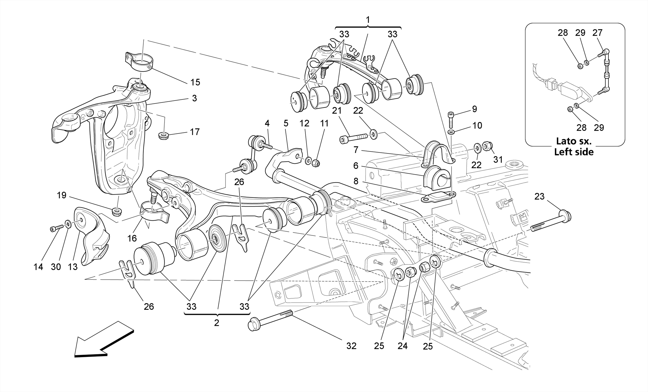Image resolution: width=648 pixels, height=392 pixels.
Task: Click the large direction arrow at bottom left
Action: tap(103, 340)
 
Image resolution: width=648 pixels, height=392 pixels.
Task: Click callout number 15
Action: tap(195, 82)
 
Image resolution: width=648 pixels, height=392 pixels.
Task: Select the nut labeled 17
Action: tap(163, 136)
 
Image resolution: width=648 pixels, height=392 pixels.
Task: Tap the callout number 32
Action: tap(351, 346)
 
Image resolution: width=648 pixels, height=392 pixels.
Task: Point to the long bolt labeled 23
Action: tap(551, 221)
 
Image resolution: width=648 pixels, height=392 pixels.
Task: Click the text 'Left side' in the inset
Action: tap(574, 152)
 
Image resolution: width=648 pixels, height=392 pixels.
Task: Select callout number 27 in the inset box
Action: tap(597, 33)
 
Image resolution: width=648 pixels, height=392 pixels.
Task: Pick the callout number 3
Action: tap(194, 98)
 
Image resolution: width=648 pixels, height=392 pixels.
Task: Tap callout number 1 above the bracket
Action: tap(368, 20)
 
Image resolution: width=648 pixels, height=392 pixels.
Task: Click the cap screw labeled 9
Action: tap(451, 119)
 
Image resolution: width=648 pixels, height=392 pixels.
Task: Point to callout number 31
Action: tap(498, 160)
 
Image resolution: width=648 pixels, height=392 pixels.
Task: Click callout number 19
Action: tap(62, 195)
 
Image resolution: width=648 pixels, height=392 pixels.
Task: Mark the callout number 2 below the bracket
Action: tap(216, 323)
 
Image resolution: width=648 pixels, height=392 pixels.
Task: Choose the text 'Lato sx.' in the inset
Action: tap(574, 141)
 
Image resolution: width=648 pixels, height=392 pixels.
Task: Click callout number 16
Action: tap(132, 238)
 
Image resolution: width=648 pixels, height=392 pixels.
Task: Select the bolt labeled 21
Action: tap(353, 138)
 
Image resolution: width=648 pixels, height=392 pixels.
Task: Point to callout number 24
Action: tap(402, 346)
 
